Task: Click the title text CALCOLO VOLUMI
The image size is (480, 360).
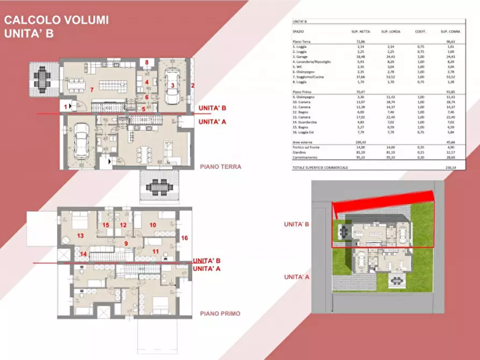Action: coord(56,20)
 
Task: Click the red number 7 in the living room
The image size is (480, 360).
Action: coord(92,89)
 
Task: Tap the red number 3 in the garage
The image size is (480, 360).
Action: coord(172,85)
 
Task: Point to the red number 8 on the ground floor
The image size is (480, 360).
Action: coord(147,63)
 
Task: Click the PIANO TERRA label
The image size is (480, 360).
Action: coord(220,167)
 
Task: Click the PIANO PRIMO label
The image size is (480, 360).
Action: coord(220,314)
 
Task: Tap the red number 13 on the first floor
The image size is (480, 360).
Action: coord(81,235)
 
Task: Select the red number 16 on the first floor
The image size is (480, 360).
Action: coord(184,237)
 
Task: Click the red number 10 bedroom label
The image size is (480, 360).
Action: coord(153,225)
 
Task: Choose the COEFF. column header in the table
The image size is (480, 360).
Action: coord(420,31)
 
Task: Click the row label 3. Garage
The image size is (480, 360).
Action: coord(303,56)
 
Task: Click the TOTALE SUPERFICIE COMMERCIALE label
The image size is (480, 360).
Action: coord(320,168)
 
